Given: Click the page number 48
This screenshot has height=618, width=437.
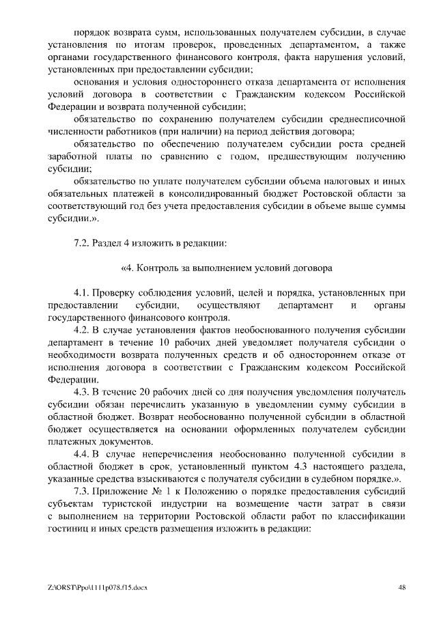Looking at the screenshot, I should coord(401,587).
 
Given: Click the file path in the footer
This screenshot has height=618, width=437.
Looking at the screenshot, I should coord(98,587).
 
